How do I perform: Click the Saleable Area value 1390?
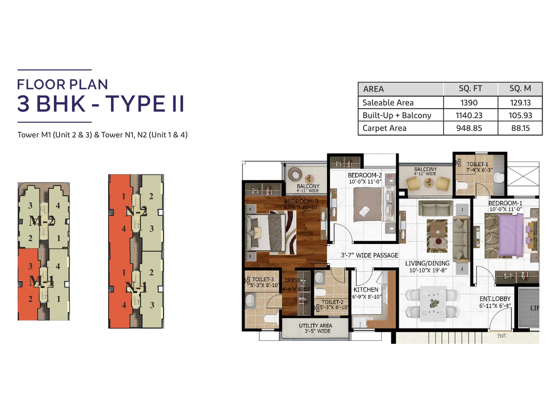(x=469, y=103)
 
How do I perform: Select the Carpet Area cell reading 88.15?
(x=520, y=128)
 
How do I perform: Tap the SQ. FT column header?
(x=470, y=89)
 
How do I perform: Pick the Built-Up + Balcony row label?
(x=397, y=115)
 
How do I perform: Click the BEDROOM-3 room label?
(x=301, y=201)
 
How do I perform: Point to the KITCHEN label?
(x=366, y=290)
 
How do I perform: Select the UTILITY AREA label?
(x=315, y=326)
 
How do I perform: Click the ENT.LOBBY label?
(x=495, y=299)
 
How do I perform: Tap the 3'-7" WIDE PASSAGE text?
(x=369, y=255)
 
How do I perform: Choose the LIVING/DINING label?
(x=427, y=263)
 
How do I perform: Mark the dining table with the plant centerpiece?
(x=433, y=303)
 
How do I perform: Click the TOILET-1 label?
(x=477, y=164)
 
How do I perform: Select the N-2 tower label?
(x=136, y=211)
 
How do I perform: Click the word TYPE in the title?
(x=135, y=104)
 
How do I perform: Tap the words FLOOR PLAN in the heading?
(x=62, y=84)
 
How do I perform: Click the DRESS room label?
(x=292, y=280)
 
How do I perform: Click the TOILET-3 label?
(x=263, y=279)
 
